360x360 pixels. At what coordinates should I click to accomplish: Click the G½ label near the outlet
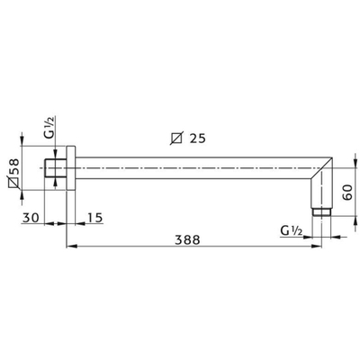tap(292, 230)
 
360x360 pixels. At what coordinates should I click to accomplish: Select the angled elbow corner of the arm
tap(321, 175)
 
